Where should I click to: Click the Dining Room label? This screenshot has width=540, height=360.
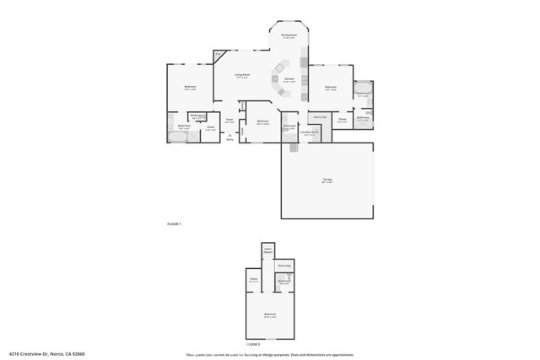tap(289, 36)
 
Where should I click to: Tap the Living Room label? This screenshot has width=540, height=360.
tap(242, 77)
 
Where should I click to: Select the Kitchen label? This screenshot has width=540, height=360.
tap(289, 79)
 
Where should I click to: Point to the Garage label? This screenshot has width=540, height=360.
tap(327, 180)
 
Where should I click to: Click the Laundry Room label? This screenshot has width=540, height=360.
tap(310, 132)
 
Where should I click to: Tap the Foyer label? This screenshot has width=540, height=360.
tap(229, 121)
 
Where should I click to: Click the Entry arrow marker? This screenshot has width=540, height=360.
tap(229, 137)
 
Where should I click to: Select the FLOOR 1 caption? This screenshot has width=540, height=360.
tap(174, 223)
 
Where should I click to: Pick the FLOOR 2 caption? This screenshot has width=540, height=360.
tap(253, 344)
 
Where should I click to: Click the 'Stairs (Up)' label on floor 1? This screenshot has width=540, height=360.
tap(320, 117)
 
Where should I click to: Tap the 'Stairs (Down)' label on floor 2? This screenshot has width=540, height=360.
tap(268, 250)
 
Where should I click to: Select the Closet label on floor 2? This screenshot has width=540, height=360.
tap(253, 280)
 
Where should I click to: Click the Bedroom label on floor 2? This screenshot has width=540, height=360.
tap(269, 314)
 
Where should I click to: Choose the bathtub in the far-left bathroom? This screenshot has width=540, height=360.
tap(179, 136)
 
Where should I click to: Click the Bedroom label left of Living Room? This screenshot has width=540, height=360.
tap(191, 88)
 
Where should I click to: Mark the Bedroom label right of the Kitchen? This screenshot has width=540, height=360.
tap(331, 87)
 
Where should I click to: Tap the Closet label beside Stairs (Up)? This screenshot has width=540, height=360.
tap(342, 120)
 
